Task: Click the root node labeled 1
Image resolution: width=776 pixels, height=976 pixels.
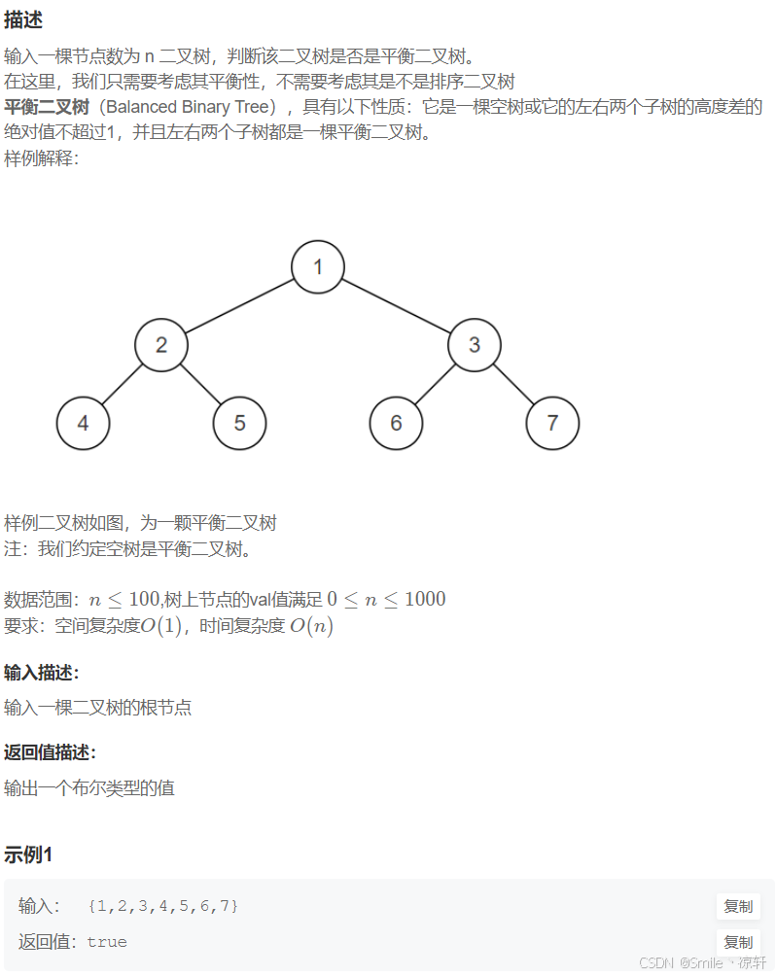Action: point(317,266)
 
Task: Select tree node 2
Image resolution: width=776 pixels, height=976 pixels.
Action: point(161,345)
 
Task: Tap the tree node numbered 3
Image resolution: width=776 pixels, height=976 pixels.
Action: point(475,345)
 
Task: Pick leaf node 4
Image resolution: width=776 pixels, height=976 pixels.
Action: point(83,423)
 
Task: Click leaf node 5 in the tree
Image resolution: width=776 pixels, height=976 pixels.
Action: point(239,423)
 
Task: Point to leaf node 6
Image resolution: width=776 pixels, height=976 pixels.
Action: point(396,423)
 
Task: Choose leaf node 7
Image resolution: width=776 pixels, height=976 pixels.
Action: point(552,423)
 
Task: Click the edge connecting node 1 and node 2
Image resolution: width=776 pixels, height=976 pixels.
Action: point(239,305)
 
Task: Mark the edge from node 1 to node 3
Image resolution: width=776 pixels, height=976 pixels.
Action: point(396,305)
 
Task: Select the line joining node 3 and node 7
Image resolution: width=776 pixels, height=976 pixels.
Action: point(513,384)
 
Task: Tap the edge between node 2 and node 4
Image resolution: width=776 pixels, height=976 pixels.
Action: point(123,384)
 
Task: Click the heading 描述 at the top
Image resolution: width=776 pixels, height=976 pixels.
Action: point(23,20)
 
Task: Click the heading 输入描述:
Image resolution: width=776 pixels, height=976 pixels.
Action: point(42,673)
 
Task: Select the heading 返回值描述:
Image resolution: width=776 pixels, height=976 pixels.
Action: point(51,752)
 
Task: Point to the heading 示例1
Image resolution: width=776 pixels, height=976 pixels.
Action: point(28,855)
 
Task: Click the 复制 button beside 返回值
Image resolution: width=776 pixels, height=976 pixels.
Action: point(738,942)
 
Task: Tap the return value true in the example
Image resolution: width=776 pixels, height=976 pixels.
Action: point(107,942)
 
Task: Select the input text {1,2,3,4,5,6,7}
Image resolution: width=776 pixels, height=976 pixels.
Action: point(162,906)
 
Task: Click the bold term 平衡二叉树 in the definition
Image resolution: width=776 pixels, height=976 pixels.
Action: point(49,107)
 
